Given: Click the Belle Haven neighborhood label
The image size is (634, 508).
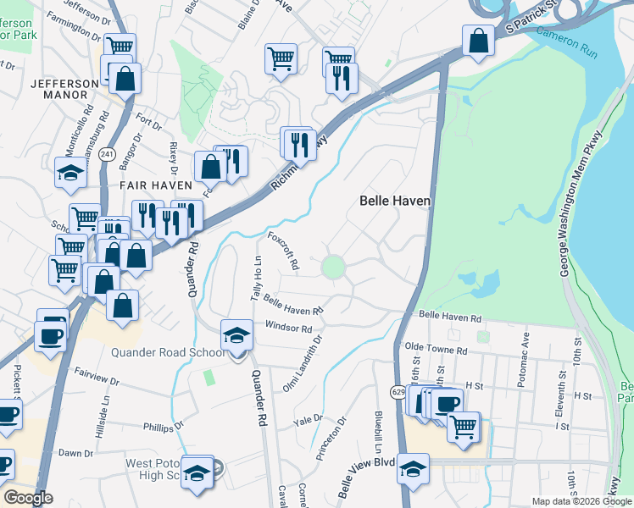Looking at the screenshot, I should [x=395, y=201].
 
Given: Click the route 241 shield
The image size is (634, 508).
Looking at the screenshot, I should [x=107, y=154].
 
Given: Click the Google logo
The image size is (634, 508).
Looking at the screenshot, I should [x=27, y=498].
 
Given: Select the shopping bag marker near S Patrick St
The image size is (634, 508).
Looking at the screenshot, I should [x=478, y=40].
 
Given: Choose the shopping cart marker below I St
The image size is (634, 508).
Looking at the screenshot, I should [x=462, y=427].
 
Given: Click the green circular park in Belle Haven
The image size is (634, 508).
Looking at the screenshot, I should [x=333, y=268].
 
